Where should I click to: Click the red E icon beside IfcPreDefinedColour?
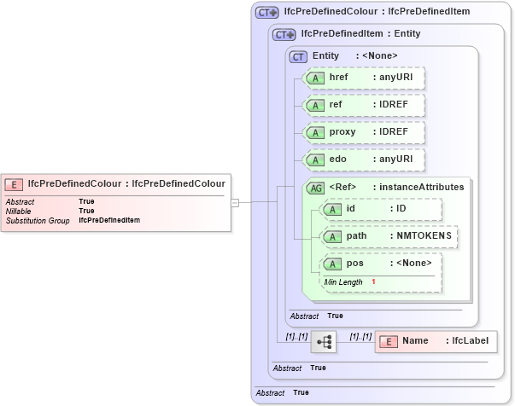point(14,183)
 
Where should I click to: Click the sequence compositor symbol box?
point(324,342)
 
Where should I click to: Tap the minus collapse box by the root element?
point(235,202)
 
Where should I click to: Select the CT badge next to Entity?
point(298,56)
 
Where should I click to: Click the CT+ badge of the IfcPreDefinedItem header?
point(284,35)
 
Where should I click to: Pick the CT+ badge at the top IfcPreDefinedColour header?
point(266,13)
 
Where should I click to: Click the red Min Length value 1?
point(373,281)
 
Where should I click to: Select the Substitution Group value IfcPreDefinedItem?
point(109,220)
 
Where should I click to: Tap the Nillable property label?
point(19,211)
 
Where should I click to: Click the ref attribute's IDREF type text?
point(394,105)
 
